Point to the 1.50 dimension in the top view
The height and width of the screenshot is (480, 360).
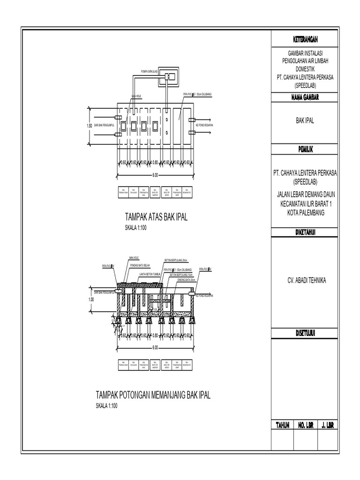(89, 126)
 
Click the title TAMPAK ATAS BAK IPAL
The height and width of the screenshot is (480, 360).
(156, 217)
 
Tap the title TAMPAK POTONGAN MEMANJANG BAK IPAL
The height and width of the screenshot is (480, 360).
(153, 395)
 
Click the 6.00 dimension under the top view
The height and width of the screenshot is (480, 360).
(155, 175)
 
